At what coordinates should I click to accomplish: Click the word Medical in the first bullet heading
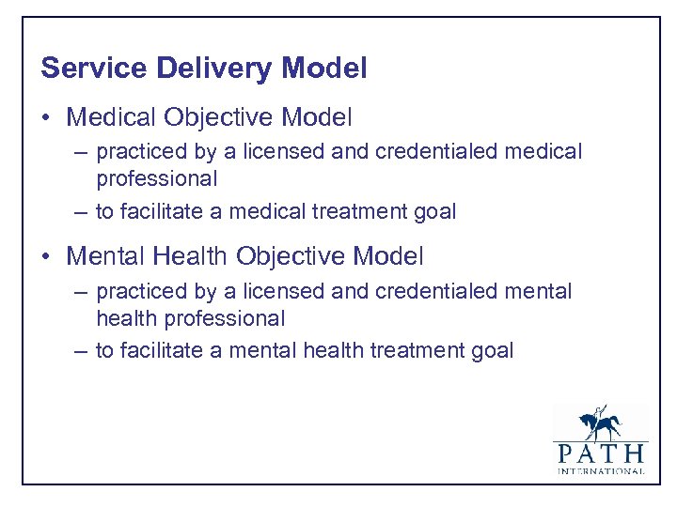point(112,117)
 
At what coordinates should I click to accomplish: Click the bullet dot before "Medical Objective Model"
point(46,118)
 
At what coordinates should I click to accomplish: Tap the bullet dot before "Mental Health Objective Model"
point(46,255)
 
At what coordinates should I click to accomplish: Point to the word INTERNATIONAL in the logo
point(600,470)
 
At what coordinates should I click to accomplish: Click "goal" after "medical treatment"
point(435,212)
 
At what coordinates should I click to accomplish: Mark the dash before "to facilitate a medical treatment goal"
point(82,212)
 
